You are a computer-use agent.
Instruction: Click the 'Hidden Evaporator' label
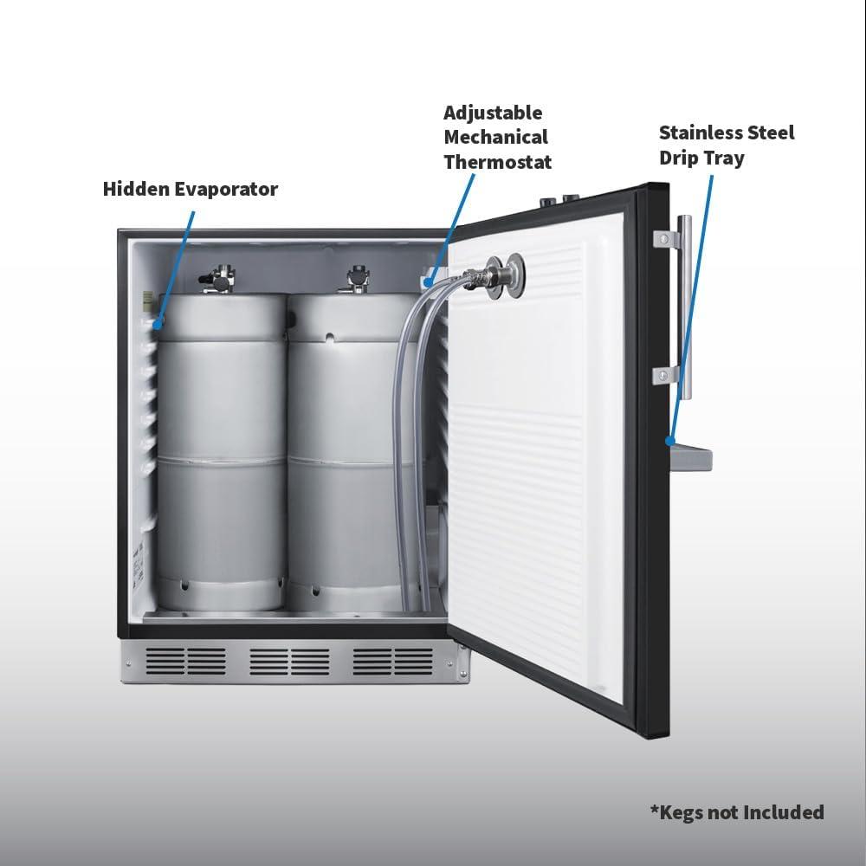point(191,189)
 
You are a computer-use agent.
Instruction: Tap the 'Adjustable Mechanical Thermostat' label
point(497,137)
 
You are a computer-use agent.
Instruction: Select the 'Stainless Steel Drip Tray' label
point(727,145)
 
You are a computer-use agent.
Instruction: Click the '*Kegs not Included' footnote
point(737,811)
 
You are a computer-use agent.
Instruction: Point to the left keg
point(221,450)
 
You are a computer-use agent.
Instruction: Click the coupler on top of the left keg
point(221,278)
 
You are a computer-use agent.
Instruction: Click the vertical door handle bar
point(685,307)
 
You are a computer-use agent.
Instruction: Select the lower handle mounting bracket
point(665,374)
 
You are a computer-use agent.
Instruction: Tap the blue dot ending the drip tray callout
point(669,441)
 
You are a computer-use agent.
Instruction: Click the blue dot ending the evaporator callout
point(158,325)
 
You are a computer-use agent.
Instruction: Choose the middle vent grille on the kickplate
point(289,662)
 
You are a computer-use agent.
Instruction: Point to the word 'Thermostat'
point(497,161)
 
